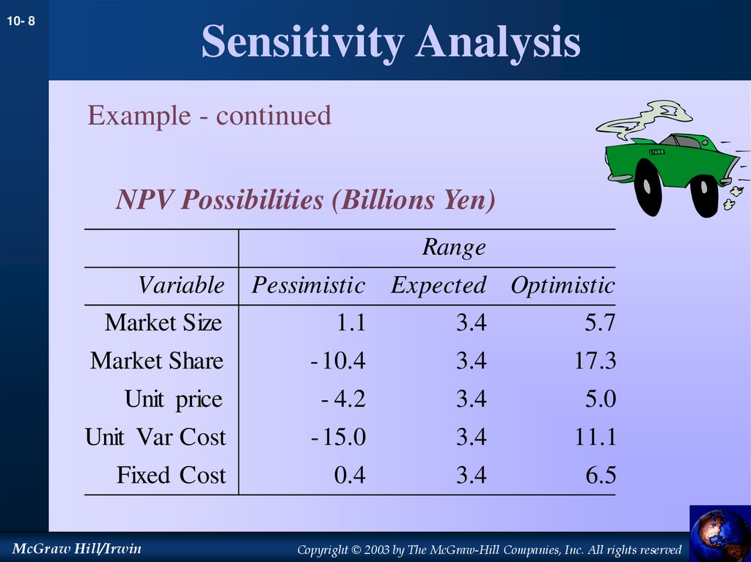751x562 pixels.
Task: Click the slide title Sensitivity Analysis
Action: [x=391, y=42]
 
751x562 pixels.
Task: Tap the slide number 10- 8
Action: [x=21, y=23]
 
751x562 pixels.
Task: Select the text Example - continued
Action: [x=209, y=116]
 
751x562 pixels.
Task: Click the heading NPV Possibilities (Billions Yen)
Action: [x=305, y=200]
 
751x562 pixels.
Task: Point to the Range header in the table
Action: [x=453, y=248]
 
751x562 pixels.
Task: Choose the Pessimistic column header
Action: [x=308, y=285]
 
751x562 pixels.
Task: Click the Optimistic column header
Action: [x=563, y=285]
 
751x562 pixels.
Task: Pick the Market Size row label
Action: [x=163, y=323]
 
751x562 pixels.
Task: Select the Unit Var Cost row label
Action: [x=155, y=437]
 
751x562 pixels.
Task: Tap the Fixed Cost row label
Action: [x=171, y=476]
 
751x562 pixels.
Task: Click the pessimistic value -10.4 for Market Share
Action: [x=337, y=361]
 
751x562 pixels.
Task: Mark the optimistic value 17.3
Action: [x=596, y=361]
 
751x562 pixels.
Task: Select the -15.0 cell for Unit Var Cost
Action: [x=337, y=437]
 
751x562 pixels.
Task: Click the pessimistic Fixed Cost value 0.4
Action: [x=349, y=476]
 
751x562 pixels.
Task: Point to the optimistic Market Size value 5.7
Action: [x=601, y=323]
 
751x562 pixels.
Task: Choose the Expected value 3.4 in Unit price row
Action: [x=470, y=399]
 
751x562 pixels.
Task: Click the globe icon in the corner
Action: [x=719, y=534]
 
